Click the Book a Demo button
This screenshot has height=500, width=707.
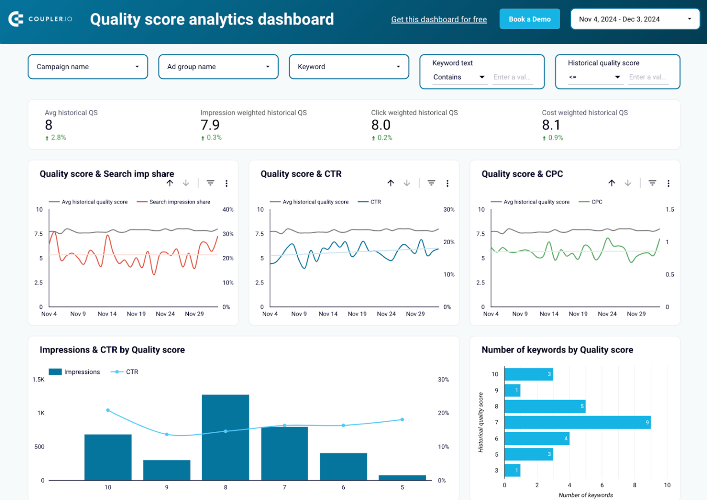pyautogui.click(x=529, y=19)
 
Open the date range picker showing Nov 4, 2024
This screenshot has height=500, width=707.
pyautogui.click(x=635, y=19)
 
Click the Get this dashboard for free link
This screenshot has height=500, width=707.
pyautogui.click(x=439, y=19)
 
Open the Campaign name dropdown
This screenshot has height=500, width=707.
pyautogui.click(x=88, y=67)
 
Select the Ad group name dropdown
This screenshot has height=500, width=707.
pyautogui.click(x=218, y=67)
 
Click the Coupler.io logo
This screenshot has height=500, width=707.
pyautogui.click(x=41, y=19)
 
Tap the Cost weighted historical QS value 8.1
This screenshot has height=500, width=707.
pyautogui.click(x=551, y=125)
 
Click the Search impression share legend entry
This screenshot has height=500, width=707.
pyautogui.click(x=179, y=202)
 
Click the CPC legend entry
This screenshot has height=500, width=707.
pyautogui.click(x=596, y=202)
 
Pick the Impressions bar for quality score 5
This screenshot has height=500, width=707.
pyautogui.click(x=402, y=477)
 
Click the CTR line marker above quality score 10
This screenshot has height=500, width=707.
pyautogui.click(x=108, y=410)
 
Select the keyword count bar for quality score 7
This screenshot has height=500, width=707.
pyautogui.click(x=577, y=422)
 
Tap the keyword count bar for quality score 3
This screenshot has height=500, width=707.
pyautogui.click(x=512, y=471)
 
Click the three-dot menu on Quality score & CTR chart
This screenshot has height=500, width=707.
pyautogui.click(x=447, y=183)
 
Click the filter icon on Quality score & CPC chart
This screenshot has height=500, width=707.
pyautogui.click(x=652, y=183)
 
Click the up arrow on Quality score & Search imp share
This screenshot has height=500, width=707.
pyautogui.click(x=170, y=183)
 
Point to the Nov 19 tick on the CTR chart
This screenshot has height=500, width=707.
pyautogui.click(x=357, y=314)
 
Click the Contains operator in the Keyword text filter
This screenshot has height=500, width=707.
pyautogui.click(x=458, y=77)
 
